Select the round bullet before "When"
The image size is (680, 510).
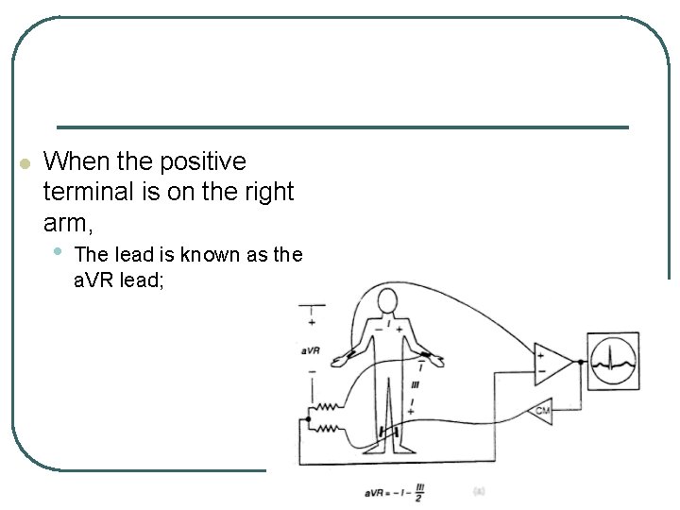25,163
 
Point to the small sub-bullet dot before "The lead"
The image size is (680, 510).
59,251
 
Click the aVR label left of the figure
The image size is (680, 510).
311,350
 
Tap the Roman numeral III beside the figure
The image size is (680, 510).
416,385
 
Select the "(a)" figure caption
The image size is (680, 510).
479,491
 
